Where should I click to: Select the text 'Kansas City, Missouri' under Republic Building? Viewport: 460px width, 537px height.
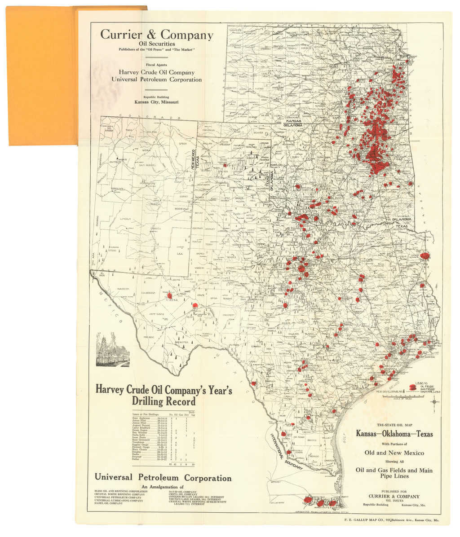tap(156, 102)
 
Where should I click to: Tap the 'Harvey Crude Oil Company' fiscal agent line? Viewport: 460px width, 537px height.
tap(156, 72)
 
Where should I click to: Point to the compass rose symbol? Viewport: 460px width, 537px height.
tap(434, 401)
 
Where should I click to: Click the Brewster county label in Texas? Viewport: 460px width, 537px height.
tap(181, 342)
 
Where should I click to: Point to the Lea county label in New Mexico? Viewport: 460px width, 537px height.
tap(181, 254)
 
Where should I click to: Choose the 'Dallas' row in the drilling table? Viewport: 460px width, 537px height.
tap(136, 459)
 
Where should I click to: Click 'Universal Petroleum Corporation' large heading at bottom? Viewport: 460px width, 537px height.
tap(163, 478)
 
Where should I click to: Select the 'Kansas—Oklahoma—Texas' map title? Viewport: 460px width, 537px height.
tap(394, 434)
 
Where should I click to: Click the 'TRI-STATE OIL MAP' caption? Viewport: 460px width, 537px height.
tap(394, 424)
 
